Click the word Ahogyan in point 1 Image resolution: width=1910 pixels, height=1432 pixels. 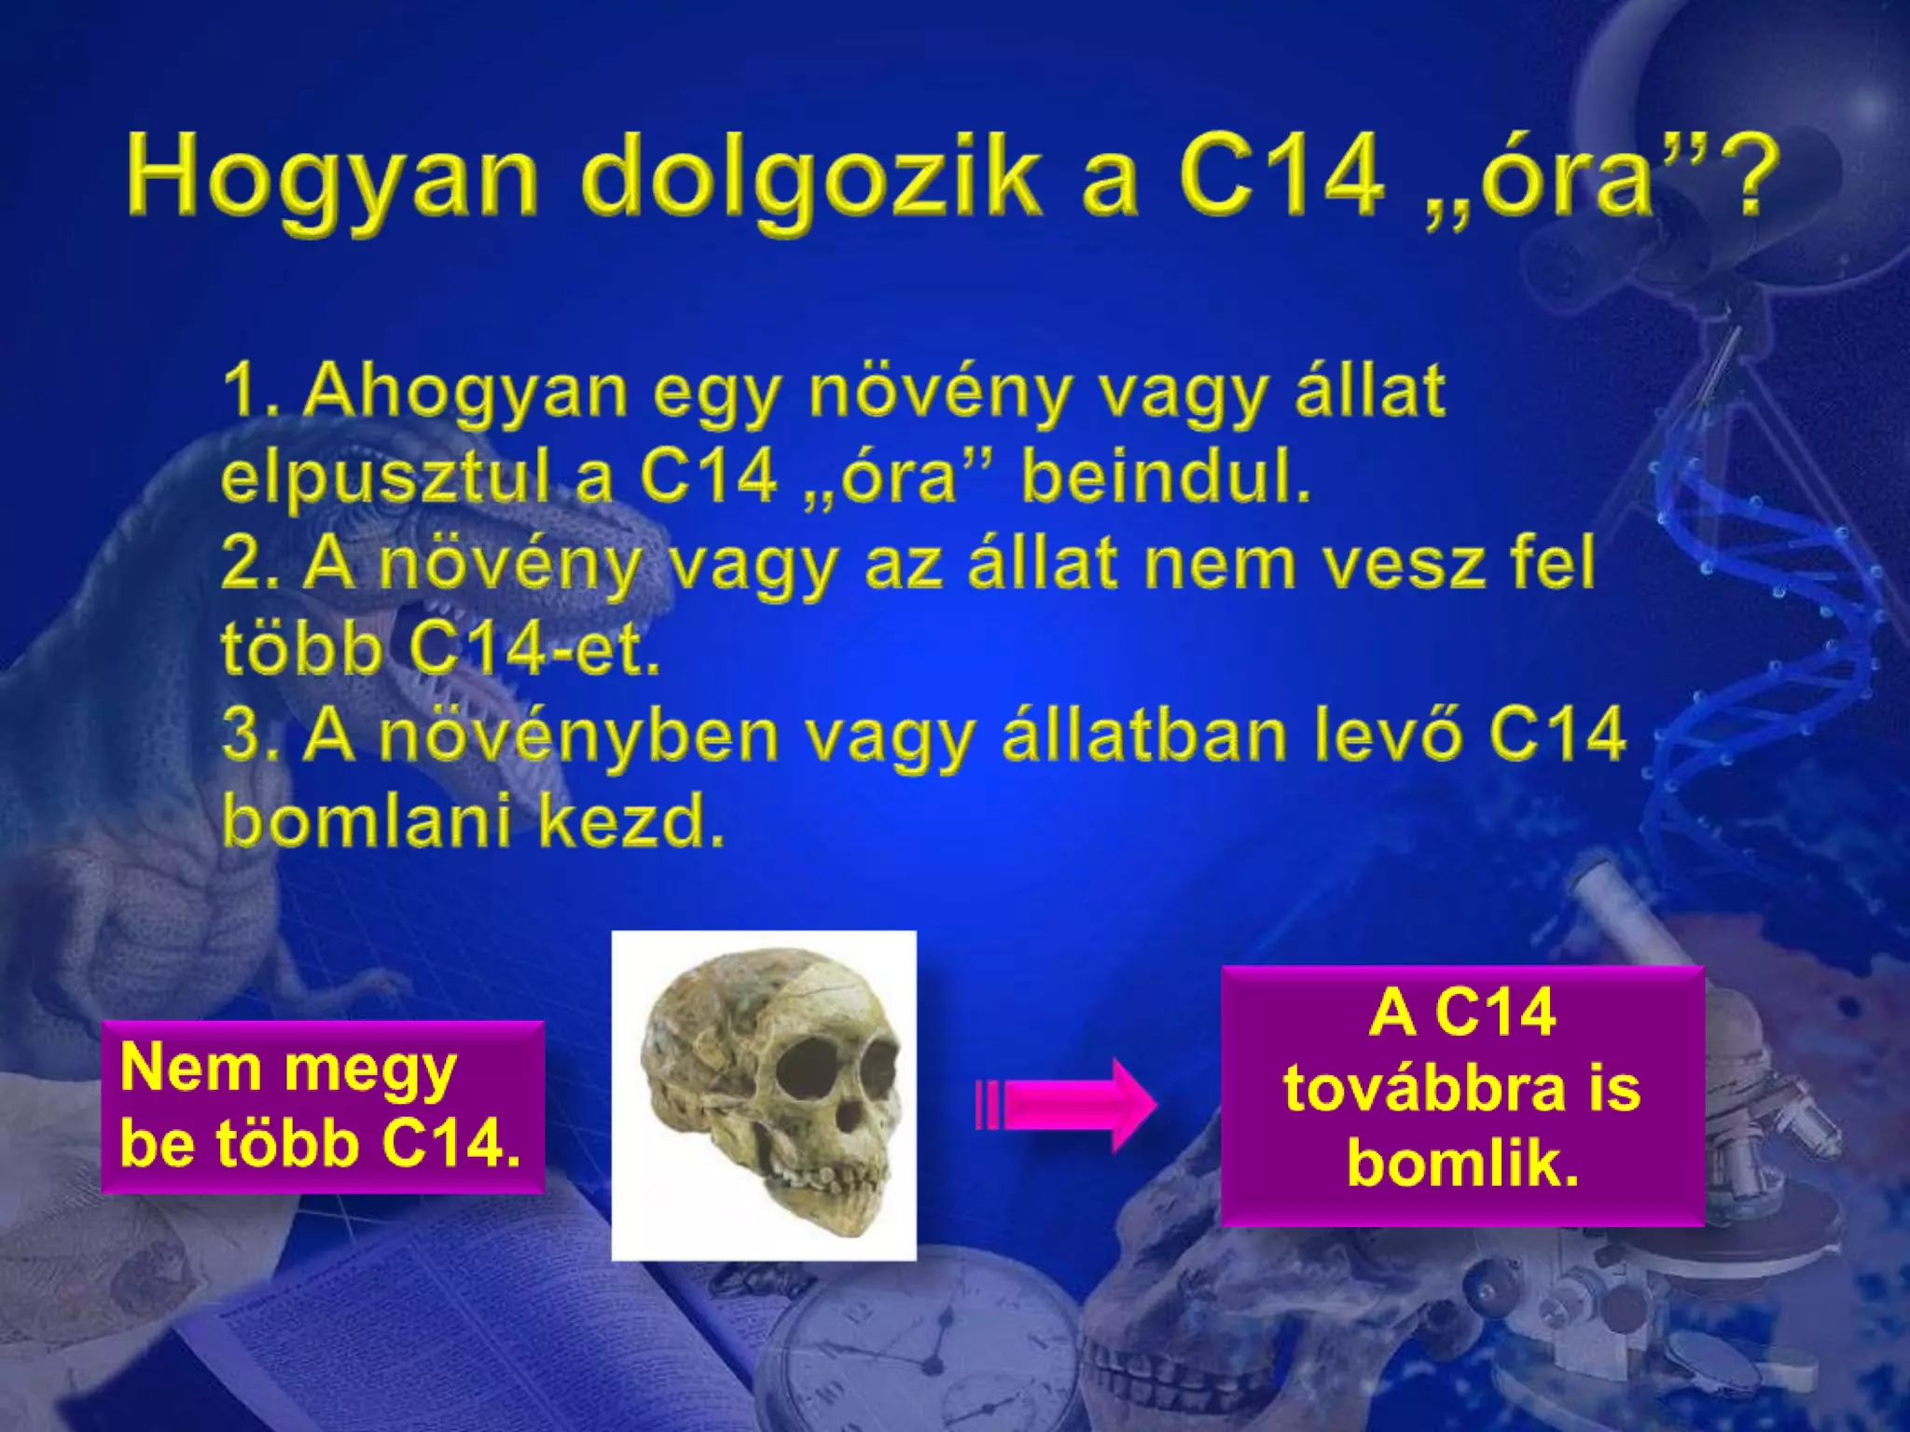click(466, 392)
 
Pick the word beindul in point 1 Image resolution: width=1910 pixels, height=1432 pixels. click(1166, 477)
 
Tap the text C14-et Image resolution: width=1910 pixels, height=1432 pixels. click(533, 650)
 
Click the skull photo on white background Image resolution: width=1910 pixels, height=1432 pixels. click(764, 1095)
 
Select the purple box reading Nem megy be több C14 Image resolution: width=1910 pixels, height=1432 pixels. click(322, 1107)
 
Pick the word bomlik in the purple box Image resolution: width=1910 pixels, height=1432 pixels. click(1462, 1164)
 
